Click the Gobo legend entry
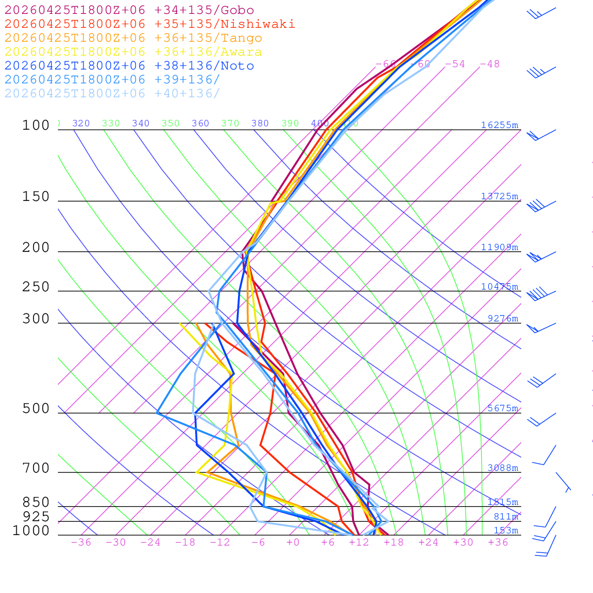coord(129,10)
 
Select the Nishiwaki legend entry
coord(149,24)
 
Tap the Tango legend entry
coord(133,38)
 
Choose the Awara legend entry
coord(133,52)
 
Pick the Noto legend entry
coord(129,66)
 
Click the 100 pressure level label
coord(36,125)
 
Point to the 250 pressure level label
coord(36,287)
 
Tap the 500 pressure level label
coord(36,409)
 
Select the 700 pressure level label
coord(36,468)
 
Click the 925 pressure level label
coord(36,517)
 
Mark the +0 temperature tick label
coord(293,543)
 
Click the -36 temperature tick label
coord(80,543)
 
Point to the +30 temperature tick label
coord(463,543)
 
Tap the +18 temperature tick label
coord(394,543)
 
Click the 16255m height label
coord(499,125)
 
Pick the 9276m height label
coord(503,319)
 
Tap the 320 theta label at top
coord(81,123)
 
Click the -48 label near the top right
coord(489,64)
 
